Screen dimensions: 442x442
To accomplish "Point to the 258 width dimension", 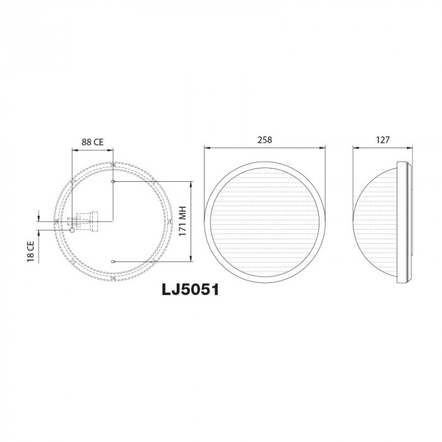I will tap(265, 140).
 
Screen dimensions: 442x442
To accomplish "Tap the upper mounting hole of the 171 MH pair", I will tap(113, 182).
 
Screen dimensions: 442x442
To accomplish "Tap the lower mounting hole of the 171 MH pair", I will tap(113, 260).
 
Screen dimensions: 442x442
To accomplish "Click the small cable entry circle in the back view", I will tap(72, 230).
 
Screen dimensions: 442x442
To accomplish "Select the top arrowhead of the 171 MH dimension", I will tap(191, 183).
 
